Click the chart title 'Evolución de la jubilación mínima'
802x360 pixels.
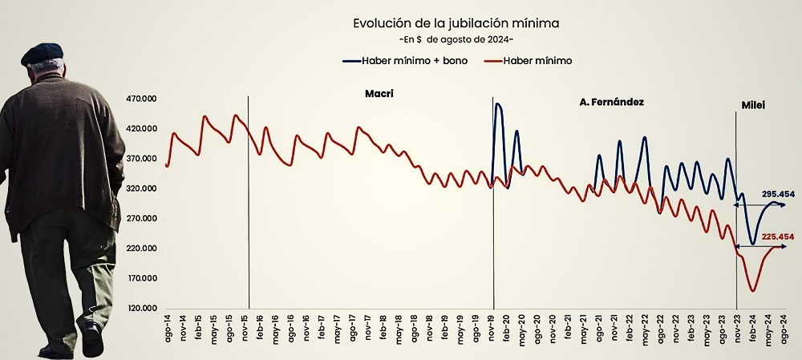(x=456, y=23)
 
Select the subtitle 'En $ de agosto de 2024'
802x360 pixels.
(x=456, y=39)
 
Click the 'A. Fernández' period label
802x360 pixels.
(x=611, y=103)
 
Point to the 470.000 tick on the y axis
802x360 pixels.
(x=144, y=99)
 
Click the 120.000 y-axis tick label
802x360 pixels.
(x=144, y=308)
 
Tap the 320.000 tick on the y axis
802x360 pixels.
(x=144, y=188)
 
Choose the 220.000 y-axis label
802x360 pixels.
(x=144, y=249)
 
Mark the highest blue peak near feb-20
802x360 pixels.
(x=498, y=103)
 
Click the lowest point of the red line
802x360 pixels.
(x=753, y=290)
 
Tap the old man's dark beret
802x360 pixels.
(x=42, y=53)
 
